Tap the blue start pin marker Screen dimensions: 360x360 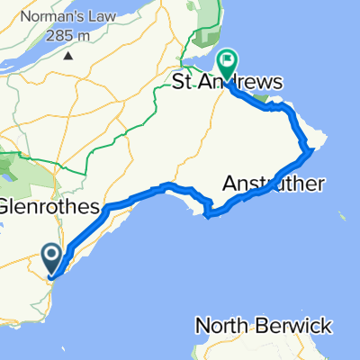[x=52, y=260]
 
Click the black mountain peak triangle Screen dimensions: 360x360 [x=68, y=56]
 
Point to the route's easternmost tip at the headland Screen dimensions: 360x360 [x=312, y=148]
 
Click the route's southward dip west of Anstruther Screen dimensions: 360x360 [x=208, y=214]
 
